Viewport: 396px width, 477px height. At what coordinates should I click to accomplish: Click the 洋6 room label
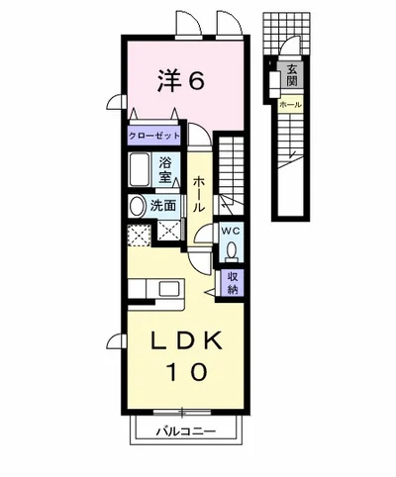180,80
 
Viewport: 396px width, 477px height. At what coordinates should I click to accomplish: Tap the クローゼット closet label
154,136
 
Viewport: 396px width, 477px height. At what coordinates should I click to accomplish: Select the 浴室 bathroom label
165,170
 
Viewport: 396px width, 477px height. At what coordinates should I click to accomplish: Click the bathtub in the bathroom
140,169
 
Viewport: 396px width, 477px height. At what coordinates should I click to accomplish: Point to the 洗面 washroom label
163,206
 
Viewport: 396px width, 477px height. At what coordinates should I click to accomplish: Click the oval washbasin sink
138,207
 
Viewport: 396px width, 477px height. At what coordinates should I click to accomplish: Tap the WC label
232,232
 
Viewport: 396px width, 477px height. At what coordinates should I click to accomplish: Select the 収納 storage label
233,283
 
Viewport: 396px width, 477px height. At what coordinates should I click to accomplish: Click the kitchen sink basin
169,289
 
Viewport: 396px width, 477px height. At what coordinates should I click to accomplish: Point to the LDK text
186,342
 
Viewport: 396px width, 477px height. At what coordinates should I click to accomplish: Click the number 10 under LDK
188,372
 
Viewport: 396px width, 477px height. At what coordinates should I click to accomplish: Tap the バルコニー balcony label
186,430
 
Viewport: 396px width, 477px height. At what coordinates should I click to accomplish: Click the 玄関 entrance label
292,75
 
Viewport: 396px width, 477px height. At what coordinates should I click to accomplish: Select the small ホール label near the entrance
290,105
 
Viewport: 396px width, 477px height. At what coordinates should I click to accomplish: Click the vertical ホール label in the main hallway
199,193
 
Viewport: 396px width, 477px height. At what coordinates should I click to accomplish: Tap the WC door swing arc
201,231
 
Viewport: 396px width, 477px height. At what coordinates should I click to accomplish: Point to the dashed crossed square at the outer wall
140,236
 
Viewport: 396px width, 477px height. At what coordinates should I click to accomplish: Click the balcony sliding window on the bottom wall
182,412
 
